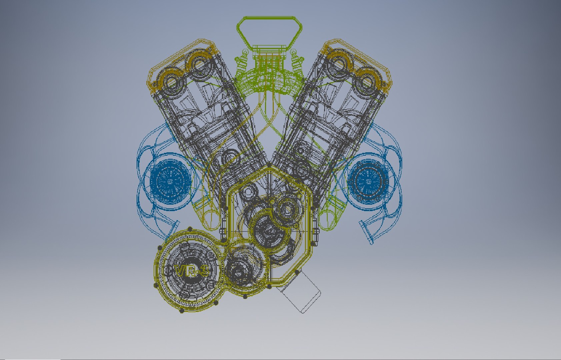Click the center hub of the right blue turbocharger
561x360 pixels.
tap(369, 181)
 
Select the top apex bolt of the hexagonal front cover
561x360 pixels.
tap(269, 165)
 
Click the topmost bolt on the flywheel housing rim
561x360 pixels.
tap(190, 229)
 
